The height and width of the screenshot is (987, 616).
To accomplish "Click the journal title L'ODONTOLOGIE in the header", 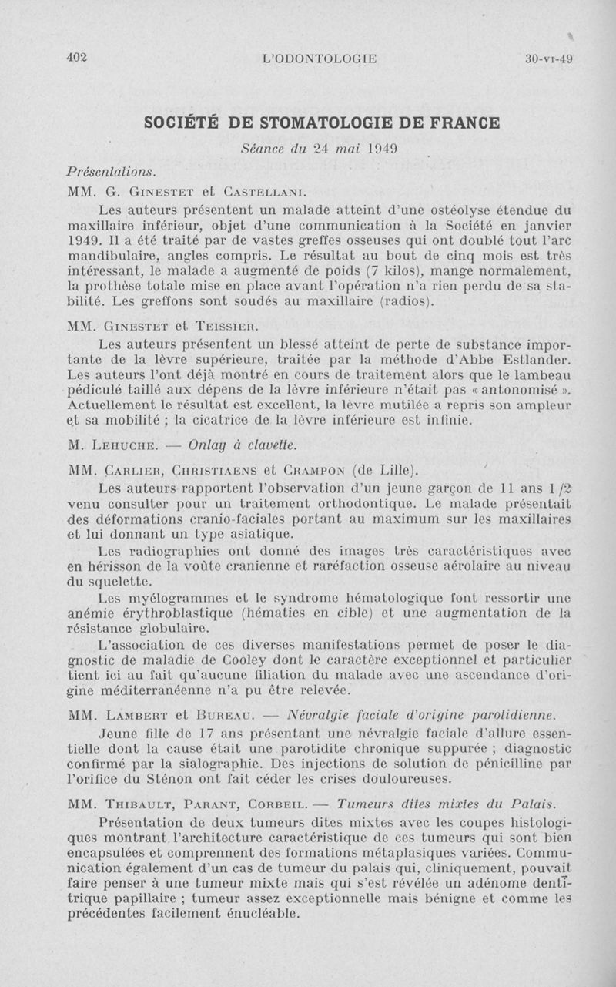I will (320, 59).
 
